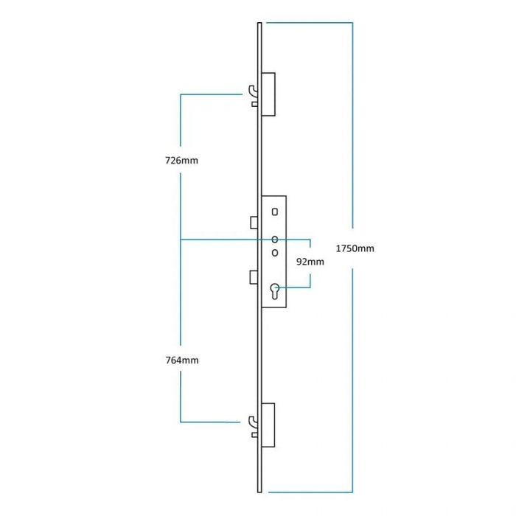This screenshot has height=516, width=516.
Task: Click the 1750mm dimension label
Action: [355, 248]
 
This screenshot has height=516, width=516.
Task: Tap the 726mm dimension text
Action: [181, 160]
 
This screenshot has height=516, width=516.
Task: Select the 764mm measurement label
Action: [181, 360]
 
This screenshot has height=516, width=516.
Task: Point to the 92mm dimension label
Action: [310, 262]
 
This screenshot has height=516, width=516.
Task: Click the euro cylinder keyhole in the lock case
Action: [275, 291]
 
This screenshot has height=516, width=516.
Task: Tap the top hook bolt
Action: [254, 91]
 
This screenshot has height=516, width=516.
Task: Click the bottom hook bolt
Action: [254, 422]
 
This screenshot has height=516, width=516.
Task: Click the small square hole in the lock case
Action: [275, 212]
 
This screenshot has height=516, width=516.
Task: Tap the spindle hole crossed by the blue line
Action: [275, 240]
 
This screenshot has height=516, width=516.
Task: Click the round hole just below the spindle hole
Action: [275, 253]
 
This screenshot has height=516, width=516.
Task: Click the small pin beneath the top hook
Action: [255, 105]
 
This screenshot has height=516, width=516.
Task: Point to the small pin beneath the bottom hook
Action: [255, 436]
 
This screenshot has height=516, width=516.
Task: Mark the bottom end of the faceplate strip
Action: [260, 489]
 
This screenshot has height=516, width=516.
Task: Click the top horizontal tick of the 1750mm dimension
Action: [310, 24]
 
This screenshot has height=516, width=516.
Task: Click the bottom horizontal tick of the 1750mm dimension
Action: [310, 492]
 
